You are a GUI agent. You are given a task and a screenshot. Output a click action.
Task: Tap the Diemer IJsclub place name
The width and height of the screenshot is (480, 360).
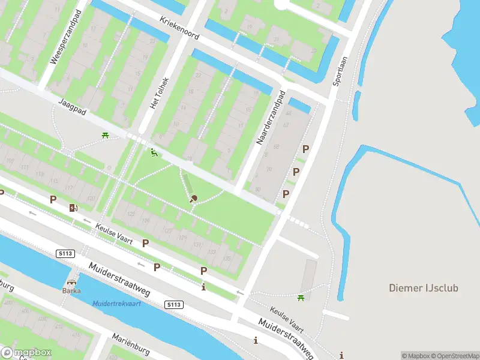pos(424,288)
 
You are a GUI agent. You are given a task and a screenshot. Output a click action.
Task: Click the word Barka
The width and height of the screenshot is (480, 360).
pos(71,291)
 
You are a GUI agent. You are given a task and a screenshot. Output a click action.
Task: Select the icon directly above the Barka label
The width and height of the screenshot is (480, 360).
pos(71,282)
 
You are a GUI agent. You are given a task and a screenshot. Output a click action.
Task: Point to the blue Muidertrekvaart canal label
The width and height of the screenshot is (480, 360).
pos(116,304)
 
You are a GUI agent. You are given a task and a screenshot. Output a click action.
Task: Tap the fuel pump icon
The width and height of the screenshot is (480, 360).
pos(73,208)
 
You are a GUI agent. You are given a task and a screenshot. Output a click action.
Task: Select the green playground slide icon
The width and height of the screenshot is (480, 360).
pos(154,154)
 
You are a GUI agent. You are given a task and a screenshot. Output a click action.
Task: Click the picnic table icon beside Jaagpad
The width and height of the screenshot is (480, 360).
pos(106,136)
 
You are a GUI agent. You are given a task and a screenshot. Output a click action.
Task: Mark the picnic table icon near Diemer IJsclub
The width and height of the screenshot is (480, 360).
pos(301,297)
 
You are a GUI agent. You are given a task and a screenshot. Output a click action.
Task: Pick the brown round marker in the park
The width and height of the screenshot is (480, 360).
pos(193,199)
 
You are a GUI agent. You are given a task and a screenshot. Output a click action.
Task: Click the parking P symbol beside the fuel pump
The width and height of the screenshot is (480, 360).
pos(53,200)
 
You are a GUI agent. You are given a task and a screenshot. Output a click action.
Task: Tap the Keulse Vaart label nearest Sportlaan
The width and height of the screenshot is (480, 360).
pos(287,322)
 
